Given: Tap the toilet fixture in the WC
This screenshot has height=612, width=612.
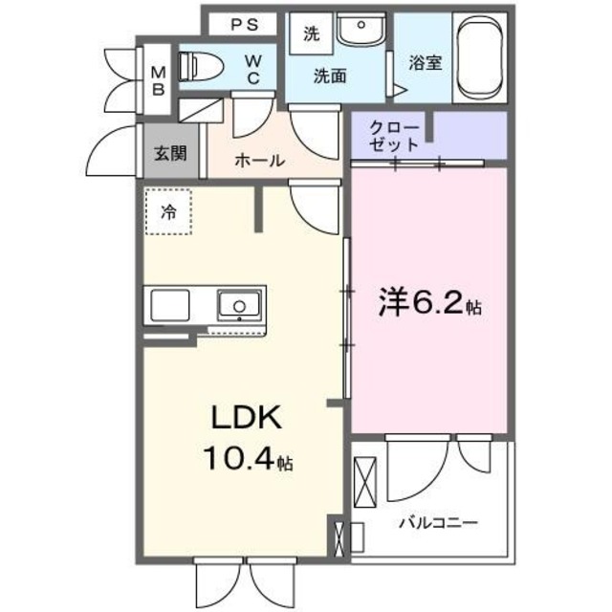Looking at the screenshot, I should point(199,65).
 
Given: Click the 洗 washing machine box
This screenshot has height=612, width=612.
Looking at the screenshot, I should point(311,34).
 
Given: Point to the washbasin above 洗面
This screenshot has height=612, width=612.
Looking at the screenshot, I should point(361,33).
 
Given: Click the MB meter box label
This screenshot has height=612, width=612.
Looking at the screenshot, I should point(158,79).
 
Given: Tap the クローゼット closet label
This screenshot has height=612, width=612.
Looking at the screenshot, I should point(394,136).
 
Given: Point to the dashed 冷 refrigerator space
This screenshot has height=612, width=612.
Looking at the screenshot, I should point(168,212).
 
